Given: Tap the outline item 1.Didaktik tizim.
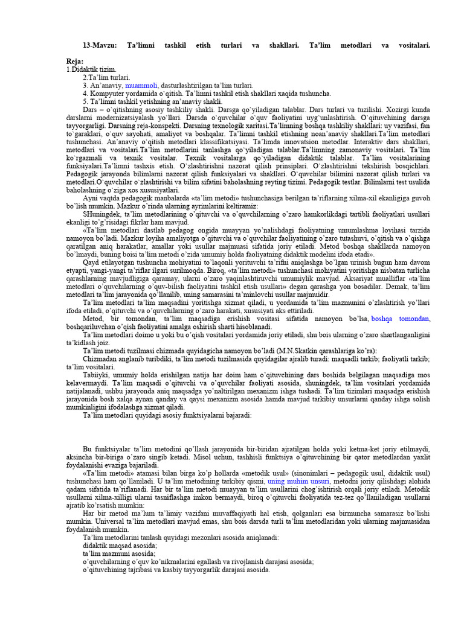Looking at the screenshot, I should (91, 70).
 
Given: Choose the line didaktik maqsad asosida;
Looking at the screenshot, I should (117, 544).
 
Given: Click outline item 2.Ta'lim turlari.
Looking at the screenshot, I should (106, 78).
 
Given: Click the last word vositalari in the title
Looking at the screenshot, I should (412, 45).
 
